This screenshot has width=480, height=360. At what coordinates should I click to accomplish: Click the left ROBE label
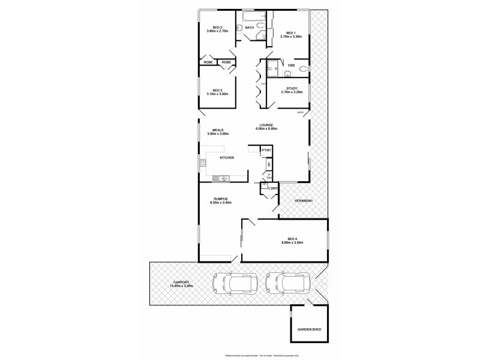pos(208,62)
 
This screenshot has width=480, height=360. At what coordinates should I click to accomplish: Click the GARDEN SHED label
pos(309,329)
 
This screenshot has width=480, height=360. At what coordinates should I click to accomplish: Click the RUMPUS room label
pos(221,199)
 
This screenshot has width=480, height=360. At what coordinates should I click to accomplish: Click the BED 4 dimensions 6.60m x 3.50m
pos(293,243)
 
